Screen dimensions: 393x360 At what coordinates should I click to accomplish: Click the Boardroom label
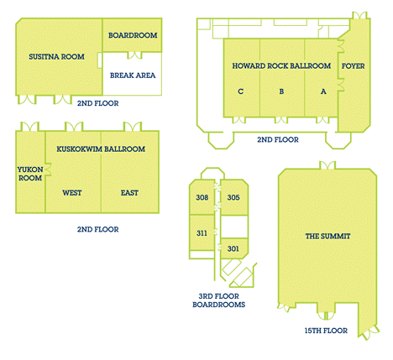133,35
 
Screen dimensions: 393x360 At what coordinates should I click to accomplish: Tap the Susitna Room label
56,57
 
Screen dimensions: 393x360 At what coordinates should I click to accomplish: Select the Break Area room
133,74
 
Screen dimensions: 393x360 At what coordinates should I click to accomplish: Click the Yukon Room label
30,174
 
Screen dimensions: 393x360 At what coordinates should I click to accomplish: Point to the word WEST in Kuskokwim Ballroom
72,193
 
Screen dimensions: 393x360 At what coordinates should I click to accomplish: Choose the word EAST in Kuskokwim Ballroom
129,193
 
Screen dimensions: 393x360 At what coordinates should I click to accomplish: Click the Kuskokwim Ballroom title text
101,149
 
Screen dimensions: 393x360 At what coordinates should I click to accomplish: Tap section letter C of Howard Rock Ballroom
240,91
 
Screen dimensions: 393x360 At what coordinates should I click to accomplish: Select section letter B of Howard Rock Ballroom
281,91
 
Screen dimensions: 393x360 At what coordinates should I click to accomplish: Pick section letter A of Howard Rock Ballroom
323,91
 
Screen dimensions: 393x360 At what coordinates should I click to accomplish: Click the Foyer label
354,66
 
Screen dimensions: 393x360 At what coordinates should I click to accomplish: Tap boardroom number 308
202,197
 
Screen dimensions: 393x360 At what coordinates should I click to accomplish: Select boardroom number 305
233,197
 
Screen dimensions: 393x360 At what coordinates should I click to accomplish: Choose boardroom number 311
202,233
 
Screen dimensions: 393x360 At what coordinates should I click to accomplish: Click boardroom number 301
233,248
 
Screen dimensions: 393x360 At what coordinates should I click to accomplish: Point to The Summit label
327,237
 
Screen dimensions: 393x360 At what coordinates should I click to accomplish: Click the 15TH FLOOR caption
326,331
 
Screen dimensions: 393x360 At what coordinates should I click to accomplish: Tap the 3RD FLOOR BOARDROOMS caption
219,300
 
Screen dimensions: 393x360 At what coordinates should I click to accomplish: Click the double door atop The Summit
327,165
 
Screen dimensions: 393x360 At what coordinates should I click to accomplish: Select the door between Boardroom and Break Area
134,55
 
